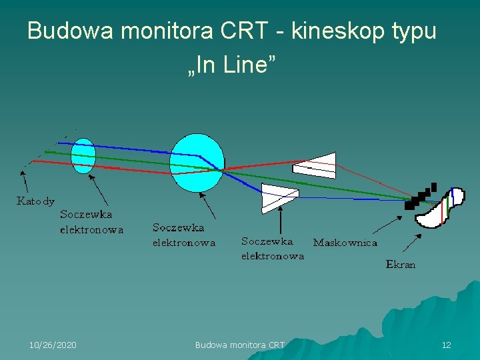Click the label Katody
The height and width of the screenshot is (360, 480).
[x=35, y=201]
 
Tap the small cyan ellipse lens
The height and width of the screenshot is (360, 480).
[x=83, y=156]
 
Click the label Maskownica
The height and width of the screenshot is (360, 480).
[x=345, y=243]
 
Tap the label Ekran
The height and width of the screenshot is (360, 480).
[x=400, y=265]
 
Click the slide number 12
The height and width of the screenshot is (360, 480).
[x=446, y=345]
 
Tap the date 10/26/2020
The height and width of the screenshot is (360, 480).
[x=53, y=345]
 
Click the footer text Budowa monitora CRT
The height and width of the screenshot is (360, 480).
[x=239, y=345]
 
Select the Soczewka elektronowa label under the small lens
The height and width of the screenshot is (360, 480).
[x=91, y=222]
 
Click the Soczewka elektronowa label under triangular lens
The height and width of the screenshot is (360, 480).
[x=272, y=248]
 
